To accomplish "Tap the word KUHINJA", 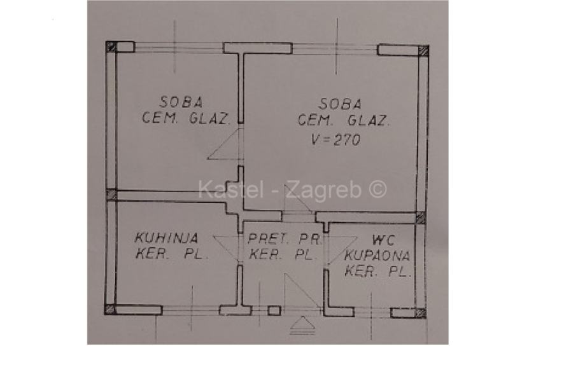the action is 166,238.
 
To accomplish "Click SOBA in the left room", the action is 181,101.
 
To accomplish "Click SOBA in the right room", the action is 341,103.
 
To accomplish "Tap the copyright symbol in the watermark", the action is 377,189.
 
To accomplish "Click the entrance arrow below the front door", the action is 303,327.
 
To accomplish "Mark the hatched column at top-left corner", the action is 111,46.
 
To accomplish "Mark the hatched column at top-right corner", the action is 423,50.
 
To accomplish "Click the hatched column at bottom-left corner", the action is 110,310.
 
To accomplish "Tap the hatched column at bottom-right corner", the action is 420,312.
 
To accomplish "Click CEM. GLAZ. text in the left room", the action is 185,118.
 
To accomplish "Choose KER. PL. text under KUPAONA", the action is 377,272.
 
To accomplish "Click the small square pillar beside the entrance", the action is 274,311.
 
